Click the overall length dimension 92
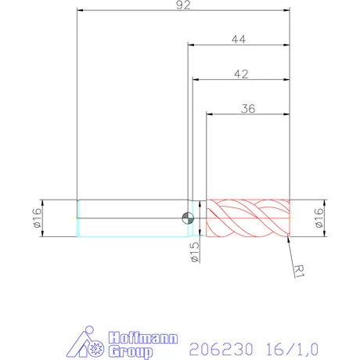(184, 5)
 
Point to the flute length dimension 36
(248, 108)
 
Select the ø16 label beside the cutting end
(319, 218)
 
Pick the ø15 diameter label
(196, 253)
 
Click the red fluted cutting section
(247, 218)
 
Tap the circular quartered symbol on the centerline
(187, 218)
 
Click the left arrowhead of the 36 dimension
(209, 114)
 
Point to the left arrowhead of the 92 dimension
(80, 11)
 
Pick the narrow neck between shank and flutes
(198, 218)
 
